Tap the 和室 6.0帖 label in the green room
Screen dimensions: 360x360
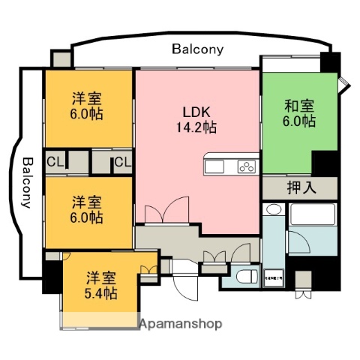(298, 112)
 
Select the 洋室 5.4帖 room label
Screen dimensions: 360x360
(100, 283)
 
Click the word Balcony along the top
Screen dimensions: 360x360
(197, 49)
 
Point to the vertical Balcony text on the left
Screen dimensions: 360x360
(27, 184)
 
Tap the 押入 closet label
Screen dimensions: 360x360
(300, 187)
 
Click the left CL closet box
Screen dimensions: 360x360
(55, 161)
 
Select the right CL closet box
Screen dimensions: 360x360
(123, 161)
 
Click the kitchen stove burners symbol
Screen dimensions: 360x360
(247, 166)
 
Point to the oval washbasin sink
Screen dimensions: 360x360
(274, 212)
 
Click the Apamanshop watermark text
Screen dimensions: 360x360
(181, 324)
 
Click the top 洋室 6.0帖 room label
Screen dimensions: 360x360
(88, 106)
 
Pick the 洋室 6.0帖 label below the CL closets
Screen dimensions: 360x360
(88, 210)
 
